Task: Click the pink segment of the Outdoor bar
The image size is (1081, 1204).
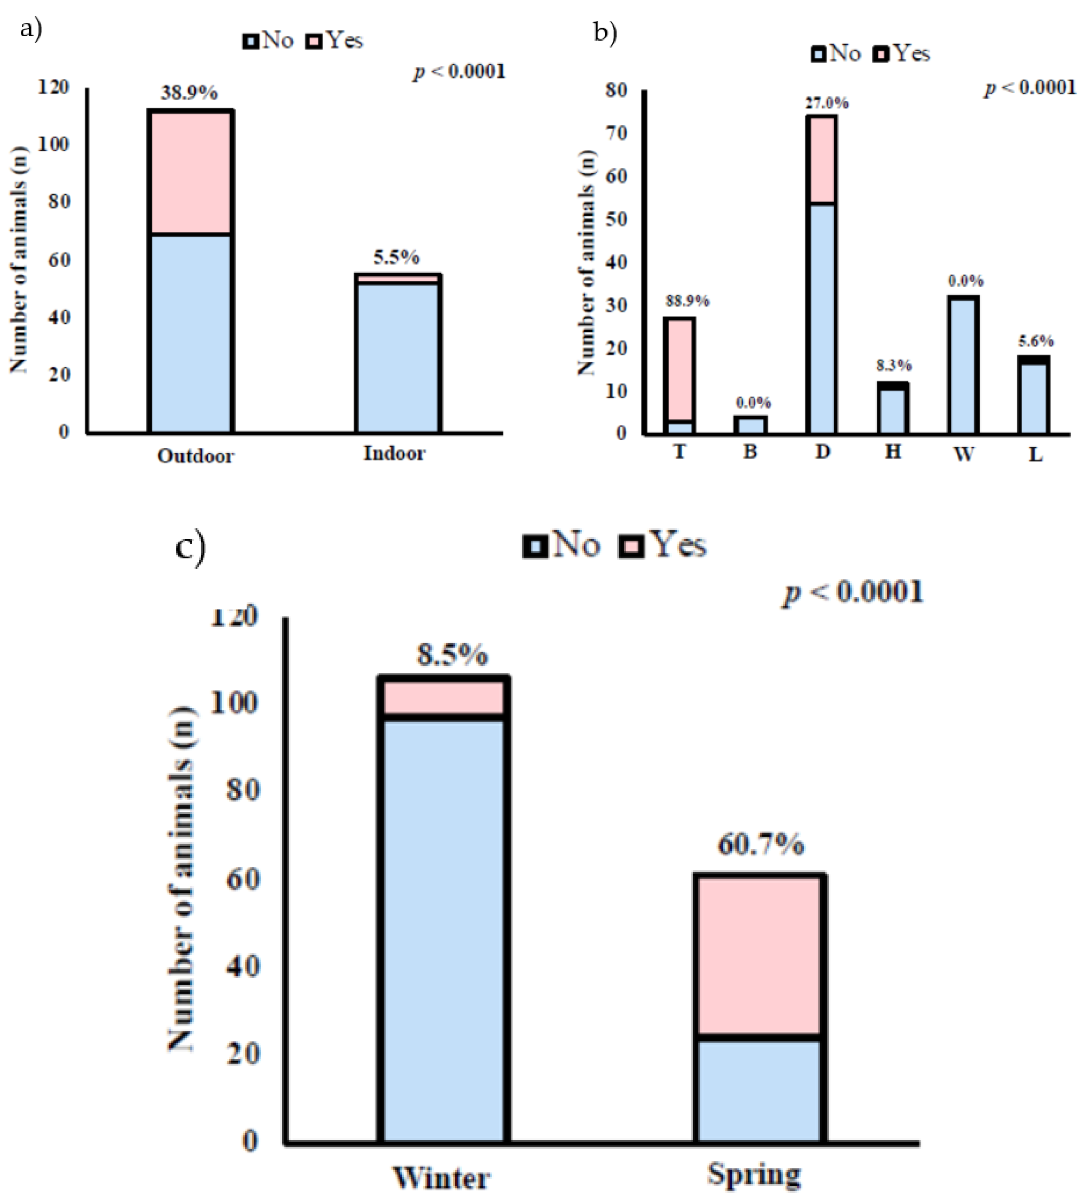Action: [x=190, y=172]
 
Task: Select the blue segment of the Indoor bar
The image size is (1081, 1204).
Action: [x=397, y=356]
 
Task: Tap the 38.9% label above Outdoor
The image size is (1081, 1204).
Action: [x=189, y=93]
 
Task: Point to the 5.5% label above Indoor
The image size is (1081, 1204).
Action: [x=396, y=257]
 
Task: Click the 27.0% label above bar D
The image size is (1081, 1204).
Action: [x=826, y=104]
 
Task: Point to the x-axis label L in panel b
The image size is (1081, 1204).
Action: [x=1035, y=454]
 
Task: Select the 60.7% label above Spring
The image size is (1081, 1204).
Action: [x=761, y=844]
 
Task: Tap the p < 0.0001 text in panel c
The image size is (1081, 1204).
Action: [x=853, y=592]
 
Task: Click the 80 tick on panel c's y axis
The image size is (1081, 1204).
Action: [x=244, y=791]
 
